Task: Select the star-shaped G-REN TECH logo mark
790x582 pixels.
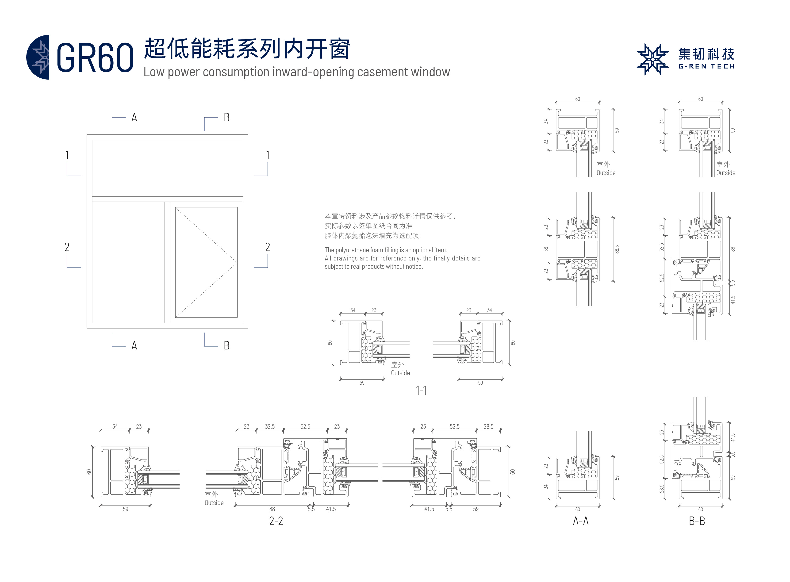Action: coord(652,59)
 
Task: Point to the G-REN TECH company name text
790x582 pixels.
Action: coord(706,66)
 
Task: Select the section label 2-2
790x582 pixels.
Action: coord(276,521)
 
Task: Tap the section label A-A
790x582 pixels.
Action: coord(581,521)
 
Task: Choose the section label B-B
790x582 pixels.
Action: coord(697,521)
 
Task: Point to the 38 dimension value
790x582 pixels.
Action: coord(546,249)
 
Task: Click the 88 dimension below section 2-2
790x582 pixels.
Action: coord(272,509)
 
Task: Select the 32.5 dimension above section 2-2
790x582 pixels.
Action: coord(270,427)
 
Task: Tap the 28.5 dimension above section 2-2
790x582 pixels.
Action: coord(488,427)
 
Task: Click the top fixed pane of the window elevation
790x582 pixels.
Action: coord(167,168)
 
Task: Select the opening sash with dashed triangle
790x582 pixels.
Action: coord(206,262)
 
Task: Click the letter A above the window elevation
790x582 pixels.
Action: coord(134,118)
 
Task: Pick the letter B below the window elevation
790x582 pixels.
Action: coord(226,346)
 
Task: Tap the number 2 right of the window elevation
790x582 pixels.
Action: coord(268,247)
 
